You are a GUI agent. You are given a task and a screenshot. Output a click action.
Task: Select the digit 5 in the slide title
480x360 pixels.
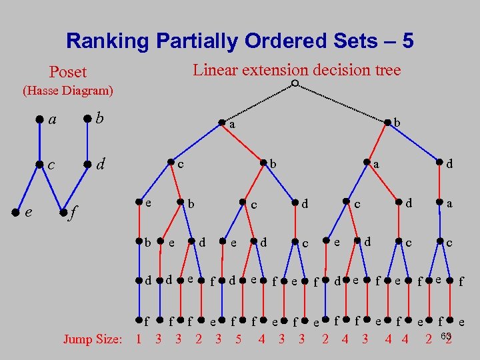[x=406, y=41]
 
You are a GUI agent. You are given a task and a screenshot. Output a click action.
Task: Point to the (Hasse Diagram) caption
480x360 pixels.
[x=68, y=90]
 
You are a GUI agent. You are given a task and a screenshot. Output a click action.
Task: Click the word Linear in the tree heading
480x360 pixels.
[x=215, y=69]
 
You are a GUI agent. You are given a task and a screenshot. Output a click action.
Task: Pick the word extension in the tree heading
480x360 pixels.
[x=275, y=69]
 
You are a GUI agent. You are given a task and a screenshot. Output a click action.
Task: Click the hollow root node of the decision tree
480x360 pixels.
[x=294, y=84]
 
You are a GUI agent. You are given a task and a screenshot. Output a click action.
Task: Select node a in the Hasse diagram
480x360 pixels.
[x=39, y=120]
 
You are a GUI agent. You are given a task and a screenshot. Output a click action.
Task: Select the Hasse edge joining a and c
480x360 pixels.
[x=39, y=143]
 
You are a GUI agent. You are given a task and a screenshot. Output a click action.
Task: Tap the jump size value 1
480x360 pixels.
[x=138, y=339]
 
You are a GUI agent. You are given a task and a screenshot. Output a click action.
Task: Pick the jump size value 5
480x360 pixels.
[x=238, y=339]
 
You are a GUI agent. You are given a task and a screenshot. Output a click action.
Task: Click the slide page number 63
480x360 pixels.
[x=447, y=335]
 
